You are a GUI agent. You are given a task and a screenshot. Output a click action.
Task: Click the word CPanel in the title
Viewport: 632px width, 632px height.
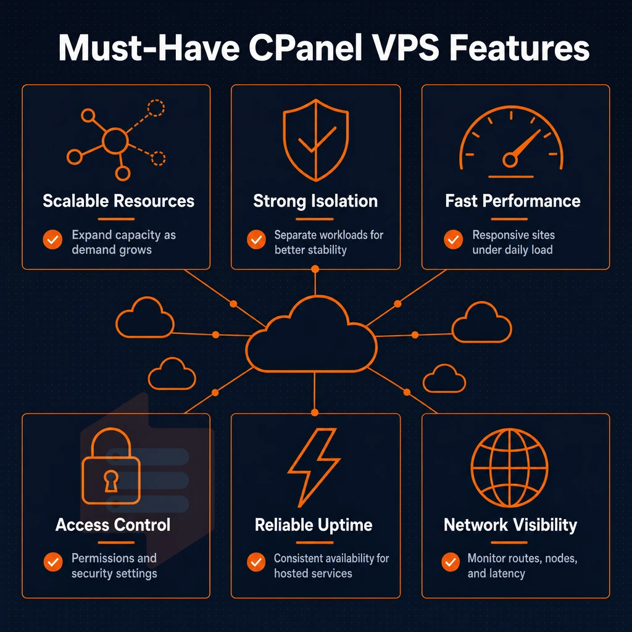point(306,48)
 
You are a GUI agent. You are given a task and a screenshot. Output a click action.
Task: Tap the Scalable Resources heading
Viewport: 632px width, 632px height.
point(118,201)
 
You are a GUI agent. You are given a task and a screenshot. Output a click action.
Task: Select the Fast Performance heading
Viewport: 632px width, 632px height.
point(513,201)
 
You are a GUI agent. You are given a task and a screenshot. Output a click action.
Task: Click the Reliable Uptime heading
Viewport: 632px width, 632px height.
point(314,525)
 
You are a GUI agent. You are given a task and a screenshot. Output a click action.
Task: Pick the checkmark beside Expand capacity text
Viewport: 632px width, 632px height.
point(52,240)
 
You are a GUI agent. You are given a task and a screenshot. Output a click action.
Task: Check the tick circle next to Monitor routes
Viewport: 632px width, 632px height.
point(451,562)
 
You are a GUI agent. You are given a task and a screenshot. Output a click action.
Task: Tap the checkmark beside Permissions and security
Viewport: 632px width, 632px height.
point(53,562)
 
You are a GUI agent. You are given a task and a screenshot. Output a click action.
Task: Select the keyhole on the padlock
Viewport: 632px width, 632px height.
point(111,481)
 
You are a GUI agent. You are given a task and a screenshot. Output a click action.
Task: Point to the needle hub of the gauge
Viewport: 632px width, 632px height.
point(510,160)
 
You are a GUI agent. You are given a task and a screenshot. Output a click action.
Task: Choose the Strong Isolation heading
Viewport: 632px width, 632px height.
point(315,201)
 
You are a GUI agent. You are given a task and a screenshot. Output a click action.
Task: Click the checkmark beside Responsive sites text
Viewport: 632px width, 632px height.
point(454,240)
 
